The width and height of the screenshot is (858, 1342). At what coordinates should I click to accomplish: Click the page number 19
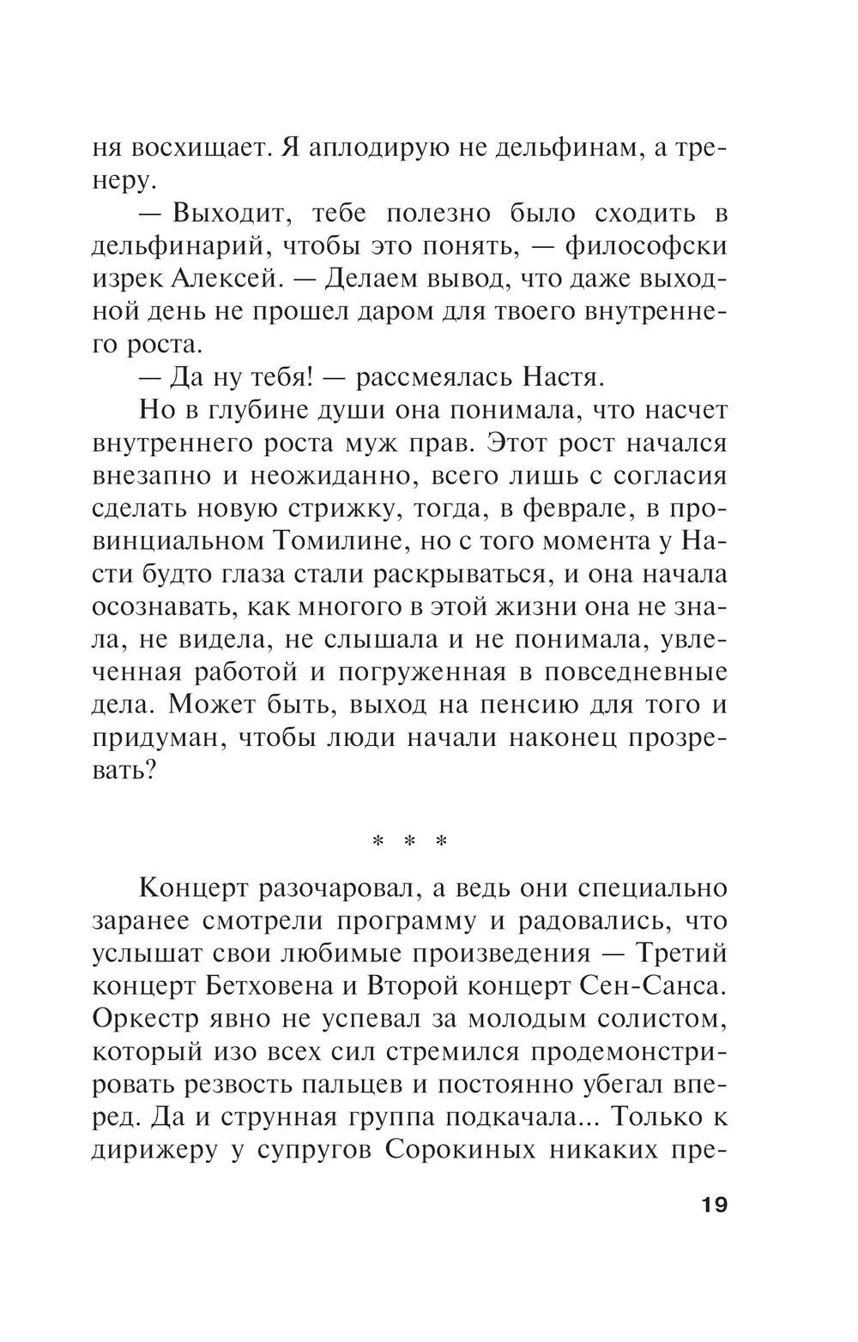(714, 1205)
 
